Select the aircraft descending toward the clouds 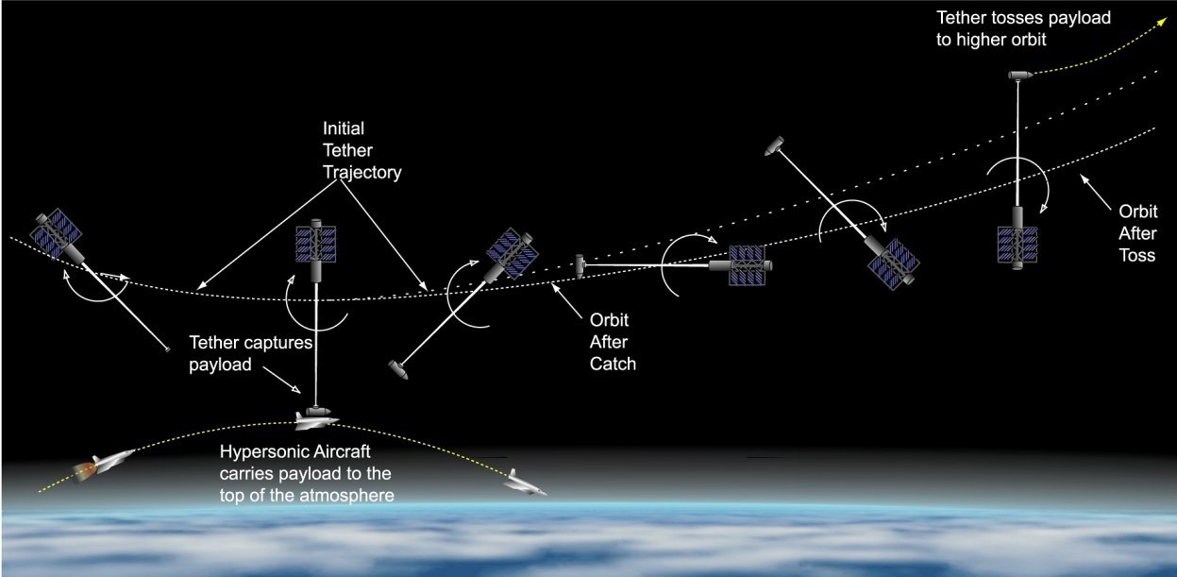pyautogui.click(x=524, y=484)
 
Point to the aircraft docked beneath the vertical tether pyautogui.click(x=315, y=420)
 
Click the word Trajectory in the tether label pyautogui.click(x=362, y=173)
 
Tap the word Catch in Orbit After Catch pyautogui.click(x=613, y=364)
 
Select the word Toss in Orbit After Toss pyautogui.click(x=1137, y=255)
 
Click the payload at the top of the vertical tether pyautogui.click(x=1020, y=76)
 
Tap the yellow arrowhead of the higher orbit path pyautogui.click(x=1163, y=21)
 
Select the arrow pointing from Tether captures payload pyautogui.click(x=281, y=380)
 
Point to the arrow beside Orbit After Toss pyautogui.click(x=1096, y=191)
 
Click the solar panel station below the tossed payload pyautogui.click(x=1017, y=239)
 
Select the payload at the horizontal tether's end pyautogui.click(x=580, y=267)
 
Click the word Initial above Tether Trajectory pyautogui.click(x=344, y=128)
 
